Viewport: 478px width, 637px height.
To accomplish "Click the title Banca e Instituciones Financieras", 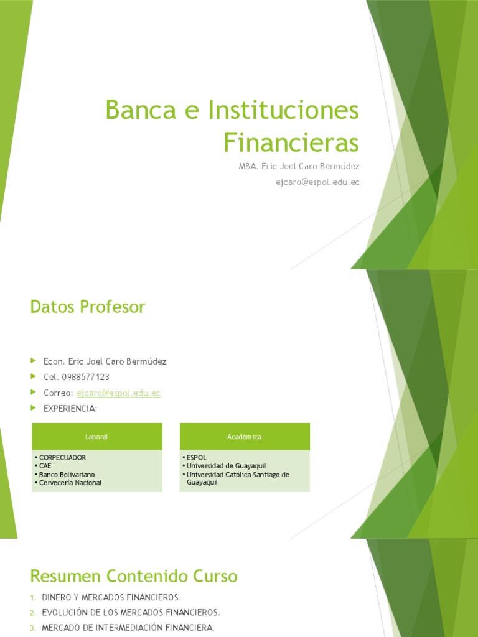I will pos(232,126).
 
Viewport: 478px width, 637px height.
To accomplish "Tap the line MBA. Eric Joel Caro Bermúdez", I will pos(299,166).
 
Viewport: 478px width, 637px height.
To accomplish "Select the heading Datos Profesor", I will pos(87,307).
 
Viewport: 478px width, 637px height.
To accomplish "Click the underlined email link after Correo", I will pos(118,393).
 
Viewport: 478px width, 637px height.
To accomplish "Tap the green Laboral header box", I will pos(96,437).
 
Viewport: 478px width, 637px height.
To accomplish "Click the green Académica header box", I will pos(245,437).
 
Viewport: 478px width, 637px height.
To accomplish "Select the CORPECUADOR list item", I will pos(62,457).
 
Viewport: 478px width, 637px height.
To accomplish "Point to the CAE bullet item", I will pos(45,465).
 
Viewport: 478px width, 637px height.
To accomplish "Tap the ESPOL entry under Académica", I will pos(196,457).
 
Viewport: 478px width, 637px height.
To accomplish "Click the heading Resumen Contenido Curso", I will pos(134,575).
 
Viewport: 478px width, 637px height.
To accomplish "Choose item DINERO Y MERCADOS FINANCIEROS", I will pos(111,597).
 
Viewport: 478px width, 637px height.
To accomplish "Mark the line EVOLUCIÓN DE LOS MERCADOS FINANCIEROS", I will pos(131,612).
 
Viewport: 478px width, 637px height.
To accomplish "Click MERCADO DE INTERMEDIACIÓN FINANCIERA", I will pos(128,628).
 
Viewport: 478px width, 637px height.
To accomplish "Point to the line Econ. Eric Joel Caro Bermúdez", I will pos(105,361).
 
